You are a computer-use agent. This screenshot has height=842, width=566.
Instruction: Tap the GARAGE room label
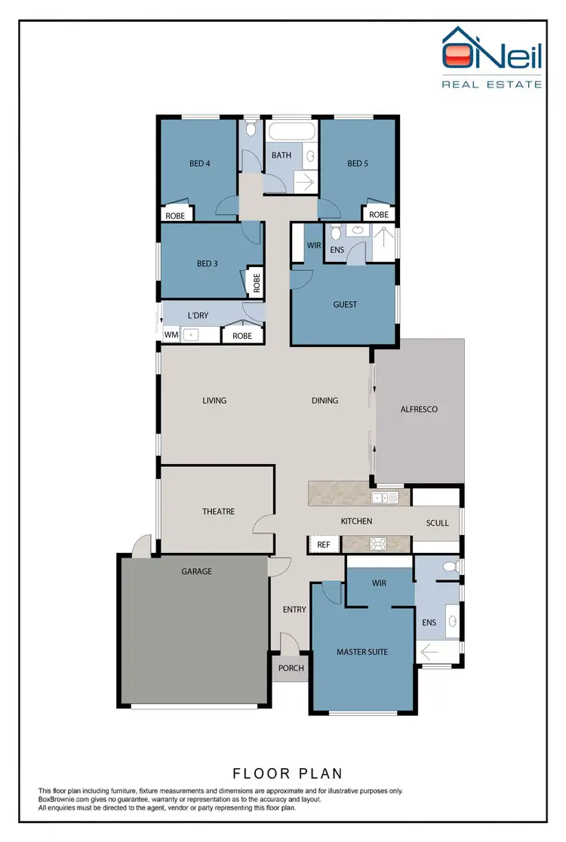click(196, 572)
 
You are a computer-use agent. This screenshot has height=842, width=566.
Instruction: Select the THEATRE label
click(218, 512)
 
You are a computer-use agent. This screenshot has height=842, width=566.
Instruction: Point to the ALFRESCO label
click(418, 410)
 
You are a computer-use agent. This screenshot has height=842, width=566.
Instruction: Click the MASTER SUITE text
click(362, 652)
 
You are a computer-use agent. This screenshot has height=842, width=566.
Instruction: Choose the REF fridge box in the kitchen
click(323, 544)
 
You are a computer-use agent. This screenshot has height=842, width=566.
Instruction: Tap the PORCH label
click(291, 668)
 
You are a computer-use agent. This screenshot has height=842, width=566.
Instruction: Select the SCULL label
click(437, 523)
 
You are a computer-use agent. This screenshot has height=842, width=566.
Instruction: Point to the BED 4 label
click(199, 163)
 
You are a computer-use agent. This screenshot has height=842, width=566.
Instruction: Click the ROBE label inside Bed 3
click(257, 282)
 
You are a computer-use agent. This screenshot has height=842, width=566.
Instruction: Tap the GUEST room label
click(345, 305)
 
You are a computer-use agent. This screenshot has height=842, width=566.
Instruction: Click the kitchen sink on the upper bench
click(385, 498)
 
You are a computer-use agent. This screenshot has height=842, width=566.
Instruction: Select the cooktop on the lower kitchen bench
click(377, 544)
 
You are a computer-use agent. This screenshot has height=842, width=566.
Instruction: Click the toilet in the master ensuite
click(450, 566)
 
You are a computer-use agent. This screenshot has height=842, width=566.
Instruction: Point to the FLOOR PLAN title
click(288, 773)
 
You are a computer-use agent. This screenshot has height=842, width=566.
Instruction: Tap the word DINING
click(325, 401)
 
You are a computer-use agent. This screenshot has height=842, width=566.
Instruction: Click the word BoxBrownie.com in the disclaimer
click(64, 800)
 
